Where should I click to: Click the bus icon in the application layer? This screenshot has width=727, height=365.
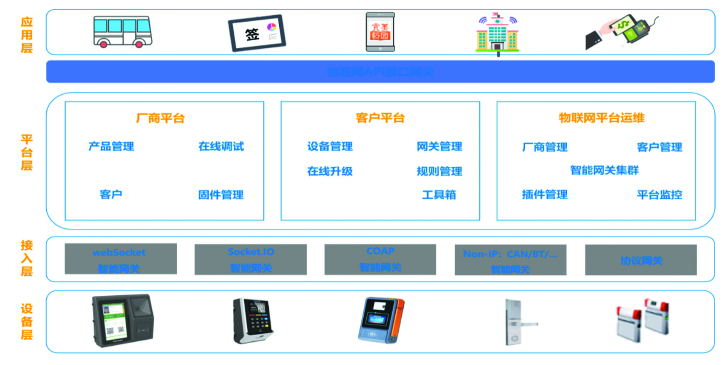click(123, 32)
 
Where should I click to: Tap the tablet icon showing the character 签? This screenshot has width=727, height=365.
click(256, 33)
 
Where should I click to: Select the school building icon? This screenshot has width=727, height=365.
click(497, 34)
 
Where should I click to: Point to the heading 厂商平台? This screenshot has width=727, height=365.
click(160, 118)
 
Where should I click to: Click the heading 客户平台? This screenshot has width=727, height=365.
click(380, 118)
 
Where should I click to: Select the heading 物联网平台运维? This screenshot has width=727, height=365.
click(601, 118)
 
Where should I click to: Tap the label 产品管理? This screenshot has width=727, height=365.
click(111, 146)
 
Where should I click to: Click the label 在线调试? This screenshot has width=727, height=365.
click(221, 146)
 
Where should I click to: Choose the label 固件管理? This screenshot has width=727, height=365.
click(221, 195)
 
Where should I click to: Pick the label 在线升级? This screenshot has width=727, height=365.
click(330, 171)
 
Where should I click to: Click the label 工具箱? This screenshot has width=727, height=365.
click(439, 195)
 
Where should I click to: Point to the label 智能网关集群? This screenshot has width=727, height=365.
click(604, 170)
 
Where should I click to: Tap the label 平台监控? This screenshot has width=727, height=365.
click(659, 195)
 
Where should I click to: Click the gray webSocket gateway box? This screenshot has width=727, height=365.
click(120, 259)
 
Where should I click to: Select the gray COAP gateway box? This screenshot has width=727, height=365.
click(380, 259)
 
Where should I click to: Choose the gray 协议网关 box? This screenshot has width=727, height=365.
click(641, 260)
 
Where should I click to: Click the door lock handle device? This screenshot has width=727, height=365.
click(516, 322)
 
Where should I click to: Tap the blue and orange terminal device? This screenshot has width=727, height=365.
click(381, 320)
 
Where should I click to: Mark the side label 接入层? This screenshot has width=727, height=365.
click(27, 259)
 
